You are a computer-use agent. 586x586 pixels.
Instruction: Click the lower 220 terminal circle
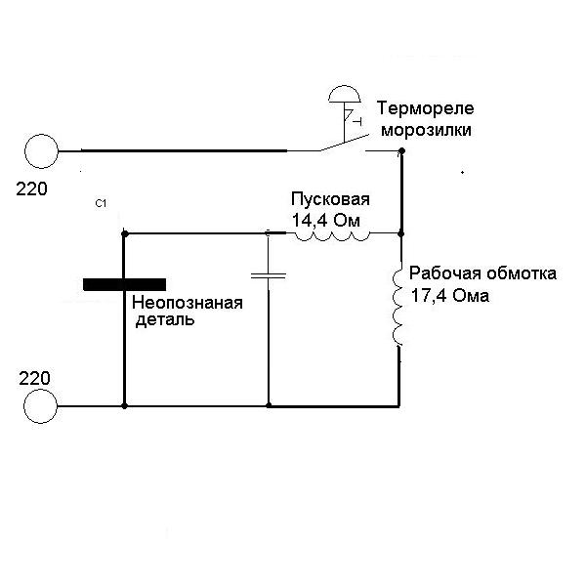[41, 405]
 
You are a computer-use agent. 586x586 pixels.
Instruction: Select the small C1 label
[101, 203]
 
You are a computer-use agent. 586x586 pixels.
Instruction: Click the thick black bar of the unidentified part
[123, 284]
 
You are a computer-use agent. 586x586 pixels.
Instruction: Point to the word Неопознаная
[187, 303]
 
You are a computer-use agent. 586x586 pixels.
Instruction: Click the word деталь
[163, 319]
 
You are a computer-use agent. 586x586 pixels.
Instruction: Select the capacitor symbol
[268, 275]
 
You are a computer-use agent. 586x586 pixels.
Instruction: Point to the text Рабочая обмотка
[482, 273]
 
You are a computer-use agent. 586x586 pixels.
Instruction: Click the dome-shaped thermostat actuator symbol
[343, 95]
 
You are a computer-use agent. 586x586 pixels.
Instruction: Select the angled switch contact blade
[338, 144]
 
